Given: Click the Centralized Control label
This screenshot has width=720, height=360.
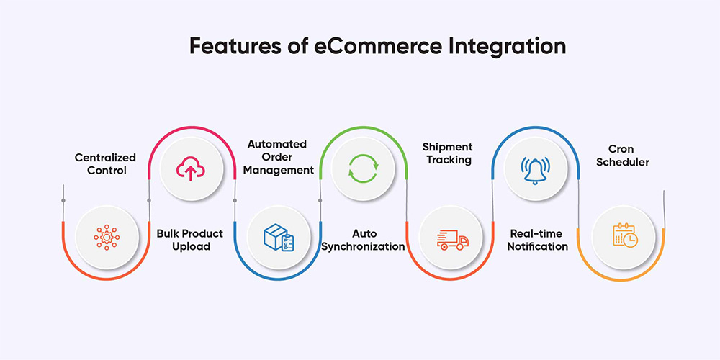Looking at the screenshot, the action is pyautogui.click(x=105, y=164).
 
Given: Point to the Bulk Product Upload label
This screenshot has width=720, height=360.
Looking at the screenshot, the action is pyautogui.click(x=190, y=240).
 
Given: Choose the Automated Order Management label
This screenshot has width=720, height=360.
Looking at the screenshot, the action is pyautogui.click(x=279, y=157).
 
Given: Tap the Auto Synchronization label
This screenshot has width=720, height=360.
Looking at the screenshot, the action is pyautogui.click(x=363, y=240).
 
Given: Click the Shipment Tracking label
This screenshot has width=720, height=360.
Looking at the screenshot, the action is pyautogui.click(x=447, y=153).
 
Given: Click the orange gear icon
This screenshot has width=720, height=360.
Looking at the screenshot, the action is pyautogui.click(x=107, y=237).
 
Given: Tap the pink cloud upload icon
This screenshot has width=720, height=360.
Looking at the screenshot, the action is pyautogui.click(x=191, y=168).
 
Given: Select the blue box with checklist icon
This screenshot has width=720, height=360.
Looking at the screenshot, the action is pyautogui.click(x=278, y=237).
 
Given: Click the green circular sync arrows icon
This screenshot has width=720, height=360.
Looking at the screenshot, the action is pyautogui.click(x=363, y=168).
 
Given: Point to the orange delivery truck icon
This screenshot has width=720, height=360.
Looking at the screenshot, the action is pyautogui.click(x=452, y=240).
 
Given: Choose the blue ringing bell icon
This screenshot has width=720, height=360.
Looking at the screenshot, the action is pyautogui.click(x=535, y=170).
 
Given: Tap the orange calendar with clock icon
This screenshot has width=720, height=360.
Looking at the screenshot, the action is pyautogui.click(x=624, y=235).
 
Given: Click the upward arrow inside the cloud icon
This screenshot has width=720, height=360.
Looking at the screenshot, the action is pyautogui.click(x=190, y=173).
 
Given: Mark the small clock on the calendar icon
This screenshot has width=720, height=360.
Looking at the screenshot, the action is pyautogui.click(x=631, y=240).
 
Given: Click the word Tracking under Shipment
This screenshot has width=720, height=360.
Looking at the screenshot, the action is pyautogui.click(x=447, y=160).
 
